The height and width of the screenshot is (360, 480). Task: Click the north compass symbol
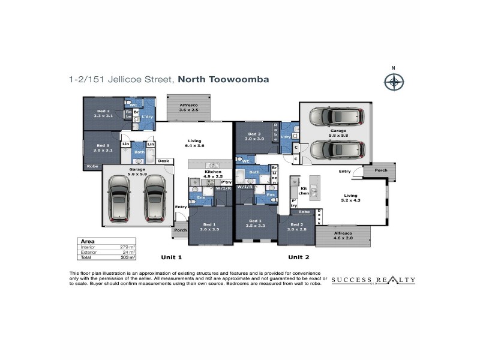pos(394,82)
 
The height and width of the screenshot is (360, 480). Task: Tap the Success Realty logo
pos(373,280)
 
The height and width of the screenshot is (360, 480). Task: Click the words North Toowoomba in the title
pos(223,79)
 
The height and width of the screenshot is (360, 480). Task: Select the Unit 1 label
pos(171,257)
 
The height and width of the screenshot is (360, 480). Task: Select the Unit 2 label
pos(298,257)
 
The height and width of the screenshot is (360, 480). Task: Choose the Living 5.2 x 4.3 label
pos(351,197)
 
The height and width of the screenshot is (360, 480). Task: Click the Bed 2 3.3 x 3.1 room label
pos(103,113)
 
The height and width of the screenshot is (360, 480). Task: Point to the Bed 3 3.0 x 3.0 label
pos(255,136)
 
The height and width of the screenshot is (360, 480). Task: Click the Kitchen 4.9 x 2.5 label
pos(214,175)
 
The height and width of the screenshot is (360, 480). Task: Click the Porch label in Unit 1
pos(180,230)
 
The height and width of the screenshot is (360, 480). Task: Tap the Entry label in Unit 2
pos(344,172)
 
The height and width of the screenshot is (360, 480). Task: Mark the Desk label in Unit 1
pos(164,161)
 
